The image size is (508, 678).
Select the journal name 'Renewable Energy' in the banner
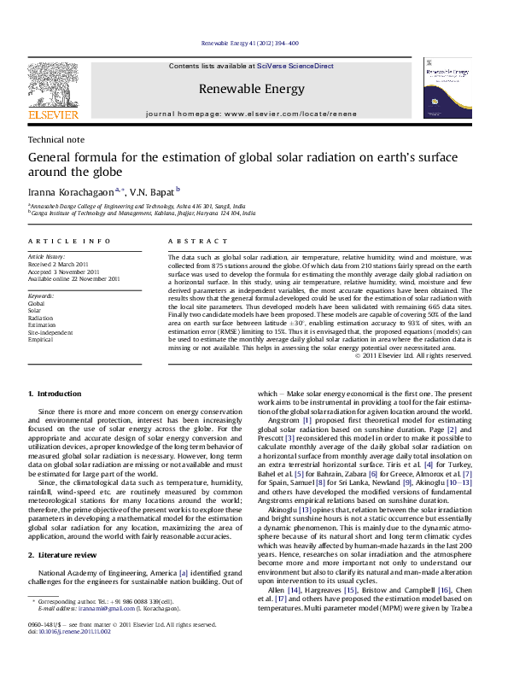pos(250,89)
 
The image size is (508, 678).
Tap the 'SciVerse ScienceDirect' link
pos(289,66)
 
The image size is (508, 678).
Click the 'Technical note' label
pos(55,138)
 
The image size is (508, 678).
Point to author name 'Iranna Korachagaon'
pos(74,192)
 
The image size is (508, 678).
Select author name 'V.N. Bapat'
pos(152,192)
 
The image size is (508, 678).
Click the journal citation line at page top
pos(249,43)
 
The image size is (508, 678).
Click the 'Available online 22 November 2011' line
pos(74,278)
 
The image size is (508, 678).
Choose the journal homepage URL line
pos(250,112)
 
